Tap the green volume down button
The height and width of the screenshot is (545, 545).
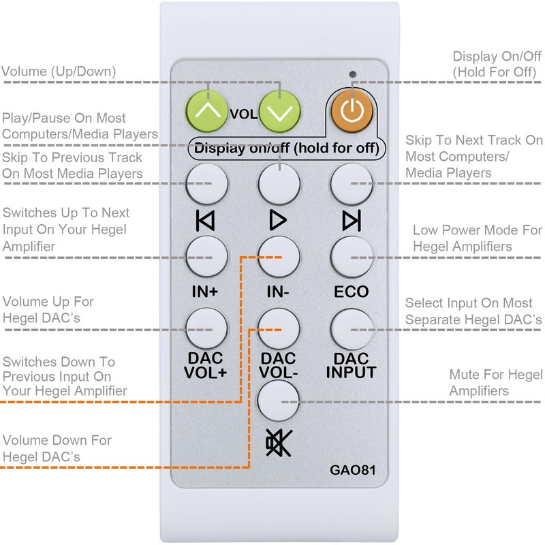280,112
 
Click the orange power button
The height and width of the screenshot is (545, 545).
352,112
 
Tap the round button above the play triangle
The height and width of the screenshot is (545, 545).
279,183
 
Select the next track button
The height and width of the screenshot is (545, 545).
352,183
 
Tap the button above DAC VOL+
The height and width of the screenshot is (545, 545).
207,328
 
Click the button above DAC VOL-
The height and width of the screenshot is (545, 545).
279,328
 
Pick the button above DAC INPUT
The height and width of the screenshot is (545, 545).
352,328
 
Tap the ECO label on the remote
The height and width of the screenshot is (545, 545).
352,292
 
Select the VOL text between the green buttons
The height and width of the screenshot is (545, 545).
243,114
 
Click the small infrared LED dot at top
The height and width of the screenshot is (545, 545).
352,73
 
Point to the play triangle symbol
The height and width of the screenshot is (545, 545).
278,220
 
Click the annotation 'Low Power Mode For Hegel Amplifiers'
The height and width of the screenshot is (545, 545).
478,238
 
